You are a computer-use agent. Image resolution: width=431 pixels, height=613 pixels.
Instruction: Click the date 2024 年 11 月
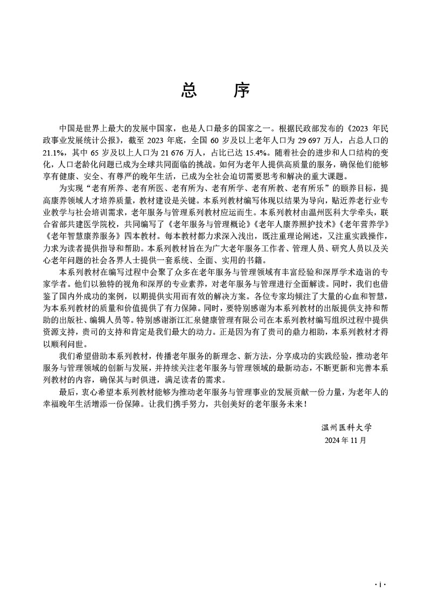pos(345,440)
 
